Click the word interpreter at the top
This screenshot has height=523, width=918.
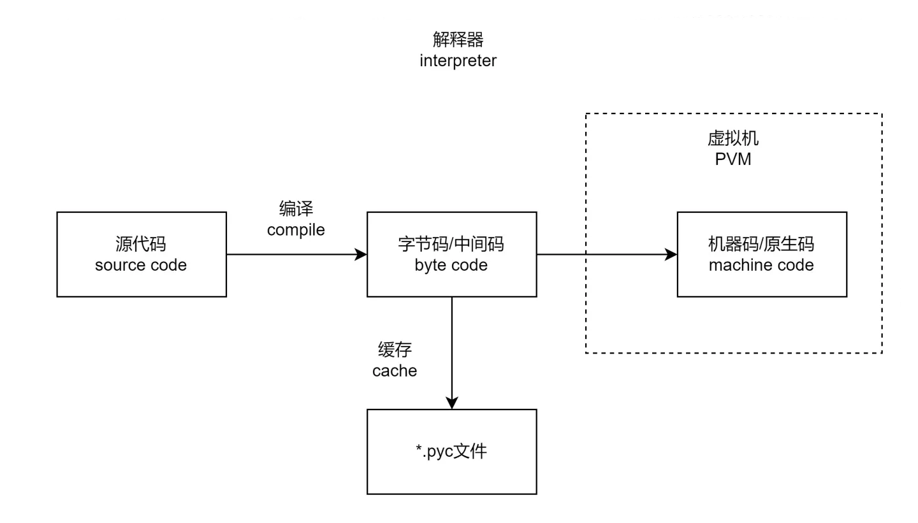(458, 61)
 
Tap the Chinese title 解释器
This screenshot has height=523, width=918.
(458, 40)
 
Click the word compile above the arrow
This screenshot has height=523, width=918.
(296, 230)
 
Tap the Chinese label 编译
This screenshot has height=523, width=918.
(296, 209)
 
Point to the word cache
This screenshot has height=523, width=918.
(395, 371)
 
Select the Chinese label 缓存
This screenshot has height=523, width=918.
(395, 350)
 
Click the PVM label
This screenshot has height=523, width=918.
(733, 159)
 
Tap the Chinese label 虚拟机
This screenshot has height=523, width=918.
(733, 138)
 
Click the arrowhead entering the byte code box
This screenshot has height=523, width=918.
(361, 255)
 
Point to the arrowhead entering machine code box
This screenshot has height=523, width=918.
(671, 255)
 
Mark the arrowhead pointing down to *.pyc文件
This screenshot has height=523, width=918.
(452, 403)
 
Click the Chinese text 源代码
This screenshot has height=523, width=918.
(141, 244)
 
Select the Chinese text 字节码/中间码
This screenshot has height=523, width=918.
(451, 244)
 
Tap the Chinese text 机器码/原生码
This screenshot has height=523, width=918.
(761, 244)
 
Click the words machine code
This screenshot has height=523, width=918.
(761, 265)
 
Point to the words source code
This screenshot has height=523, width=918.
(141, 265)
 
